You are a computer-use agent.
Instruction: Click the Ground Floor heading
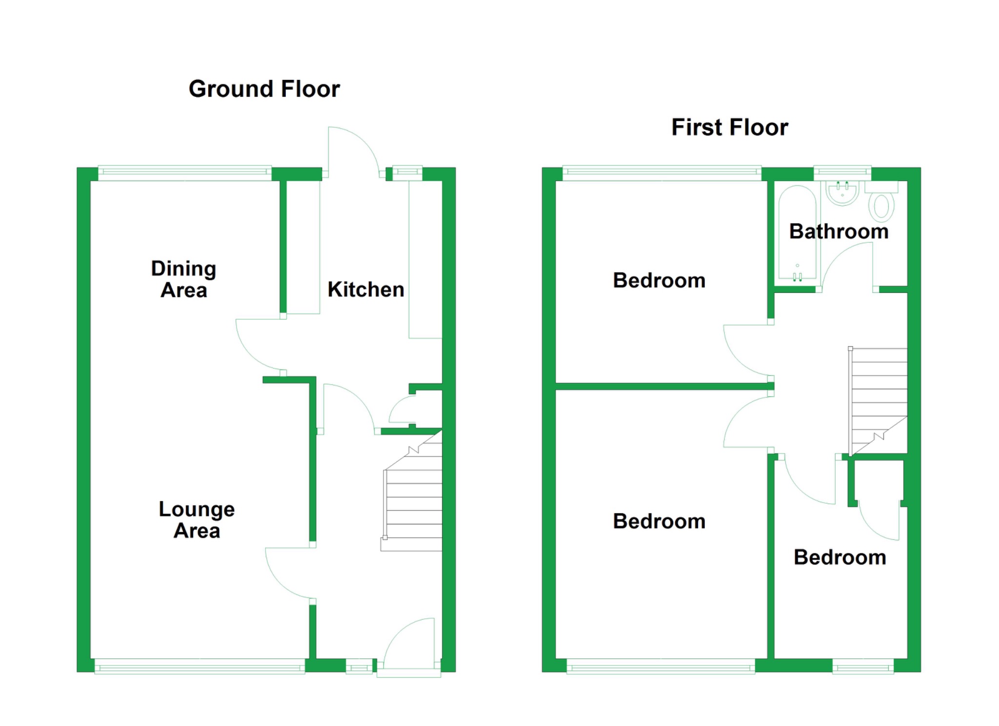point(264,89)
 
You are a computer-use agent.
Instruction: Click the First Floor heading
point(729,127)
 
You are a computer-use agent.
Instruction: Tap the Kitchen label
point(366,289)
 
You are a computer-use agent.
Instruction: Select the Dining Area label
point(183,279)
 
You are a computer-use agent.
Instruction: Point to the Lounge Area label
point(197,520)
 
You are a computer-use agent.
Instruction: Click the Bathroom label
point(839,231)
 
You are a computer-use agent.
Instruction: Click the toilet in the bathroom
point(881,201)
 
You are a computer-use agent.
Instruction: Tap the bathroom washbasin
point(842,193)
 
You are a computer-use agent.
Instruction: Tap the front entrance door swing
point(409,644)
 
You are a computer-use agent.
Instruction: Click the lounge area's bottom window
point(200,667)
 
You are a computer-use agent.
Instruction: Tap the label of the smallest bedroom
point(840,557)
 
